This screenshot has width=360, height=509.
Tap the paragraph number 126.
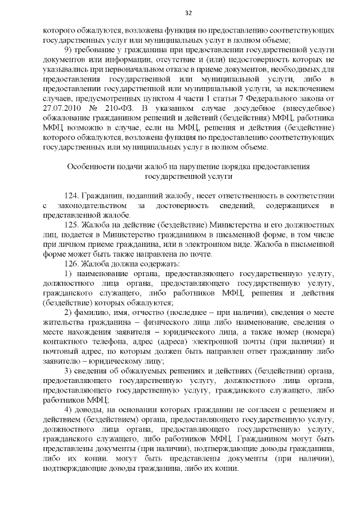click(71, 263)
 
